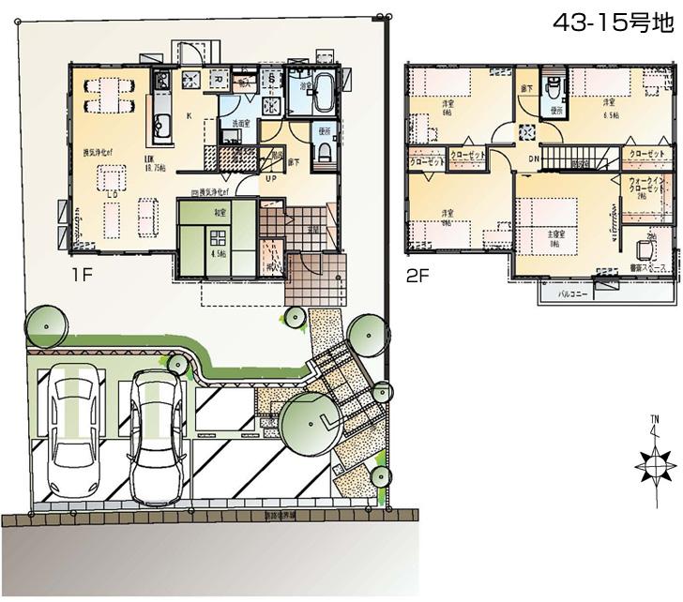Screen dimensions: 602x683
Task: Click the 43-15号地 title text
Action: click(x=611, y=23)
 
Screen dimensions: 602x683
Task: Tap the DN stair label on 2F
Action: click(x=534, y=158)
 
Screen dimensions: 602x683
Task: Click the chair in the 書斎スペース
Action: click(x=645, y=249)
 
